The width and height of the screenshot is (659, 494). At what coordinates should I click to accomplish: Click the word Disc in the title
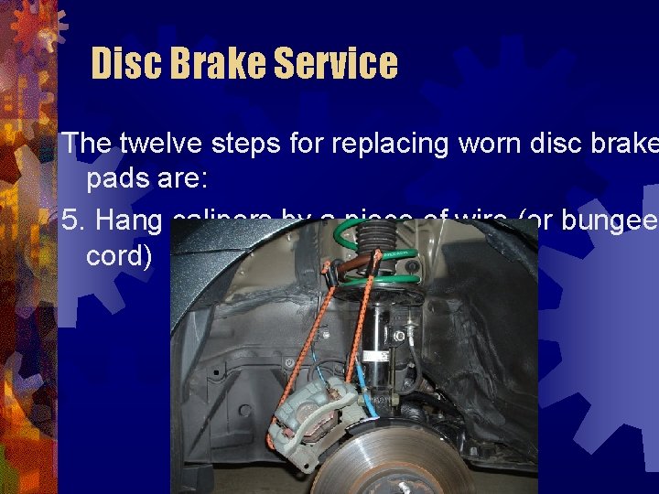click(124, 64)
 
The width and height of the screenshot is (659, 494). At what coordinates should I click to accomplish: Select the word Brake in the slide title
click(214, 64)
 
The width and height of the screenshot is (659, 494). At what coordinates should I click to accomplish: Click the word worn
click(491, 143)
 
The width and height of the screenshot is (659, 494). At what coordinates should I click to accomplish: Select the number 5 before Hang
click(70, 220)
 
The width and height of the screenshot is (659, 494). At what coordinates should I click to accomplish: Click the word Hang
click(128, 220)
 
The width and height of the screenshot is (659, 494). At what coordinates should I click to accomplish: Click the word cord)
click(119, 254)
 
